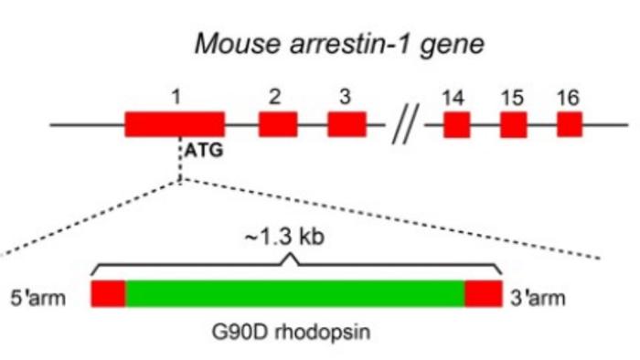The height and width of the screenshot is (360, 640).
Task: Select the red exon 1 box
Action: point(175,124)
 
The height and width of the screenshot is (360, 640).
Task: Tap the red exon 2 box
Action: point(278,124)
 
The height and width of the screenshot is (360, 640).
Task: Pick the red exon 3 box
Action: point(347,124)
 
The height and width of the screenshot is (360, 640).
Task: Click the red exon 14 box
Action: point(456,124)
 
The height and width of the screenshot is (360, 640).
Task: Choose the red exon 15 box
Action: point(513,124)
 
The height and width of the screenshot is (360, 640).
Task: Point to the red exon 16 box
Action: point(570,124)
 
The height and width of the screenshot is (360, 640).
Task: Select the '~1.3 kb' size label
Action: point(295,238)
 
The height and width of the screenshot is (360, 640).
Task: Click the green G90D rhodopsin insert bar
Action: point(295,294)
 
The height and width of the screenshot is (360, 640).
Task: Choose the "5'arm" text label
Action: point(36,296)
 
